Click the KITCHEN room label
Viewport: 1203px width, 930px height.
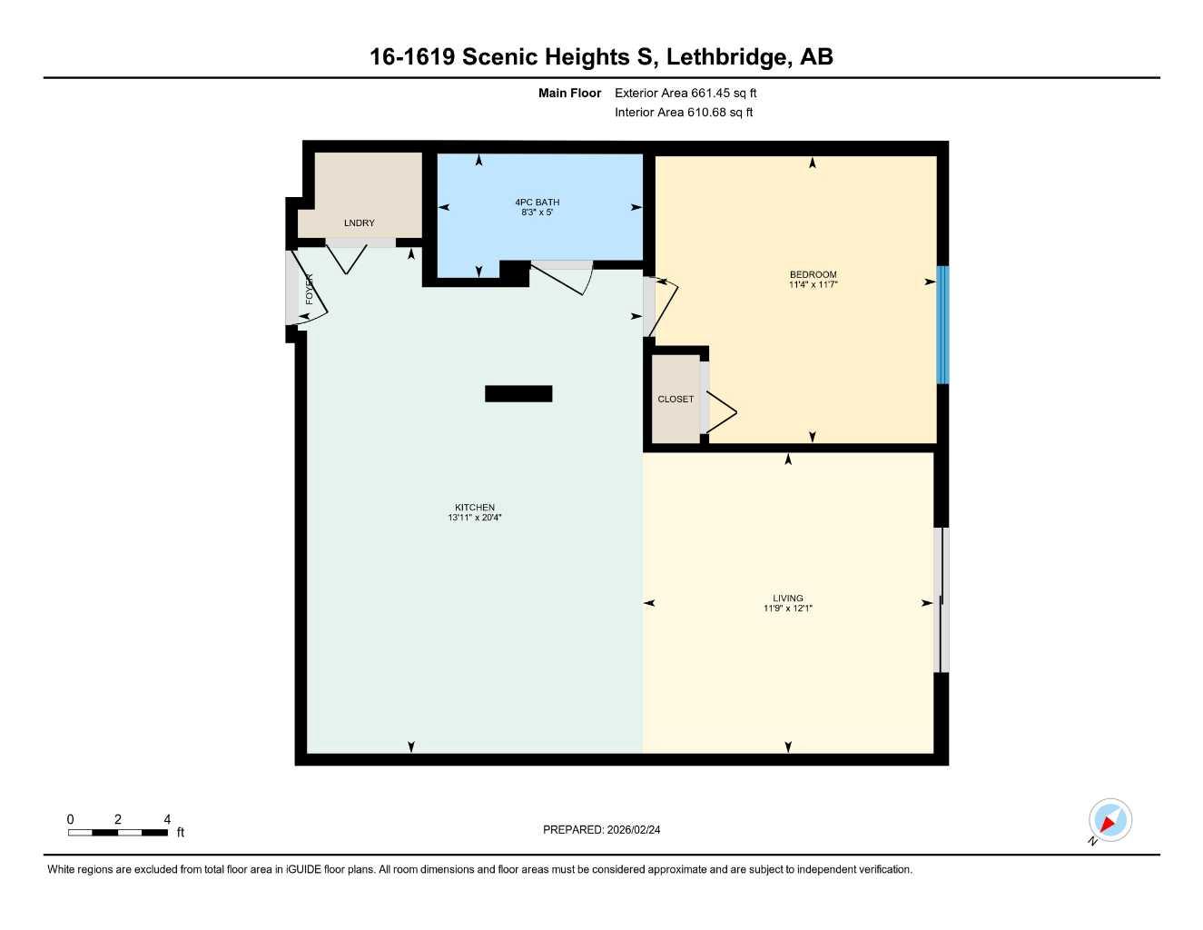click(x=475, y=508)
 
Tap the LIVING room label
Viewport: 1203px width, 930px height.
click(x=788, y=599)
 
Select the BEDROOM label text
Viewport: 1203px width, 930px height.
click(x=813, y=274)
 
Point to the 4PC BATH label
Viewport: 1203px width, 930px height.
click(x=537, y=203)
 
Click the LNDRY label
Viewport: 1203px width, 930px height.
click(x=359, y=223)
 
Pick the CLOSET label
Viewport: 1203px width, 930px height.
click(x=675, y=400)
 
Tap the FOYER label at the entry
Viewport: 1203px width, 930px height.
click(x=310, y=289)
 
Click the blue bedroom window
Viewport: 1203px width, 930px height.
click(x=942, y=324)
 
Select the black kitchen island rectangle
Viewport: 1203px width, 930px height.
click(x=518, y=393)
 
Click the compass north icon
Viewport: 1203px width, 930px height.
click(x=1109, y=821)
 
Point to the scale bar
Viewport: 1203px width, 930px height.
click(x=118, y=832)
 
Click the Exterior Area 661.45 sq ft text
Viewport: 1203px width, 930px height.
click(x=685, y=93)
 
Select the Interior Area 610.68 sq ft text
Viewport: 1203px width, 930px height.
click(x=684, y=113)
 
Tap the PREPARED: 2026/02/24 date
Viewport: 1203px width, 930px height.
click(x=601, y=829)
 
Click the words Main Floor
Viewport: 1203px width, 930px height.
click(x=569, y=93)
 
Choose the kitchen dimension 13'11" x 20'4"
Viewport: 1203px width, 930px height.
click(x=475, y=518)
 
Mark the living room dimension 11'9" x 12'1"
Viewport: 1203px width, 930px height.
click(x=788, y=608)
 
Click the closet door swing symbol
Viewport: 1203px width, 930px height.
click(x=721, y=413)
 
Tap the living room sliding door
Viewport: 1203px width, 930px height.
click(x=942, y=600)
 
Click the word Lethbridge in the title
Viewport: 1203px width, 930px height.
click(x=725, y=57)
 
